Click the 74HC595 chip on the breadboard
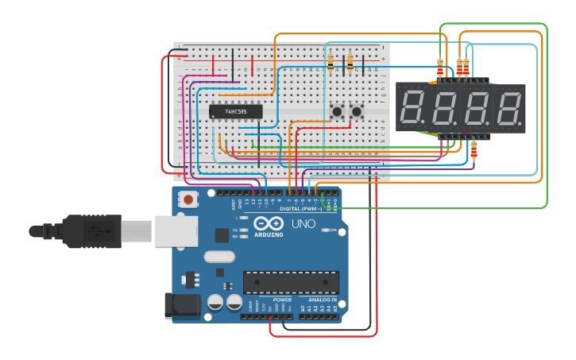pyautogui.click(x=236, y=111)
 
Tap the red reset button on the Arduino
pyautogui.click(x=188, y=199)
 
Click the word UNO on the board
pyautogui.click(x=303, y=224)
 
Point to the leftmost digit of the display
pyautogui.click(x=413, y=106)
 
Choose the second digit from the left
pyautogui.click(x=444, y=106)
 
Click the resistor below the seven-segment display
pyautogui.click(x=474, y=149)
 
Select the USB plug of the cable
pyautogui.click(x=95, y=230)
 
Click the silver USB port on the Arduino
pyautogui.click(x=175, y=230)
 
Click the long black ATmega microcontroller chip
pyautogui.click(x=291, y=282)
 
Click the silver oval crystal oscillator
pyautogui.click(x=219, y=257)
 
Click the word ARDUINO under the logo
pyautogui.click(x=269, y=234)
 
